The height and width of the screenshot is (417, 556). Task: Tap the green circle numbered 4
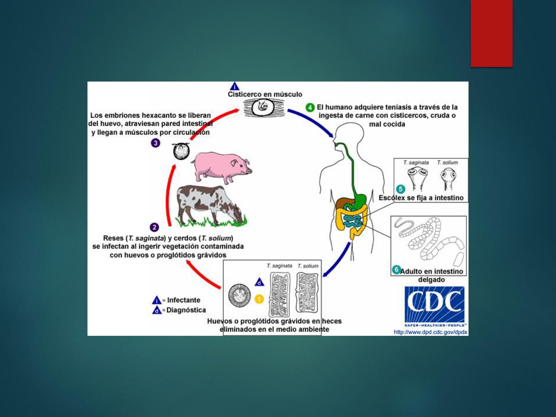[x=310, y=107]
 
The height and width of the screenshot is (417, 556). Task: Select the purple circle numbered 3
[x=156, y=143]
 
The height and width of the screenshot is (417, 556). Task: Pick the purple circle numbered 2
[x=154, y=227]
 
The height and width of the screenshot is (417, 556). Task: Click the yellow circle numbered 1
[x=259, y=298]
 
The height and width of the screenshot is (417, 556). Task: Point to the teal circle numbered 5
[x=400, y=189]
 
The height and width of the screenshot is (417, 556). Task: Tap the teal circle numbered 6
[x=396, y=269]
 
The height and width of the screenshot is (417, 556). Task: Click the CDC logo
[x=434, y=305]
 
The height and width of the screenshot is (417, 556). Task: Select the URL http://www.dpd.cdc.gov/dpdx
[x=430, y=332]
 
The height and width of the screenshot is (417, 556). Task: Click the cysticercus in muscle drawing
[x=264, y=108]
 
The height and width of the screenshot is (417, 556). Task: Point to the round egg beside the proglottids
[x=239, y=295]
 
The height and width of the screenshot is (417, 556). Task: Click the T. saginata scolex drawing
[x=418, y=177]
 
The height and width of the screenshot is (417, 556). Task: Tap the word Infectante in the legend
[x=183, y=300]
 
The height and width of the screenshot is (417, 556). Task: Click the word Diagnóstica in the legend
[x=186, y=310]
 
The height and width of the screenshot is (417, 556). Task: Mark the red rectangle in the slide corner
[x=492, y=33]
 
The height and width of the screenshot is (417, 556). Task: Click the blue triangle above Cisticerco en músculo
[x=235, y=86]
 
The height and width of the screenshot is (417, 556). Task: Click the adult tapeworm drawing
[x=429, y=239]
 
